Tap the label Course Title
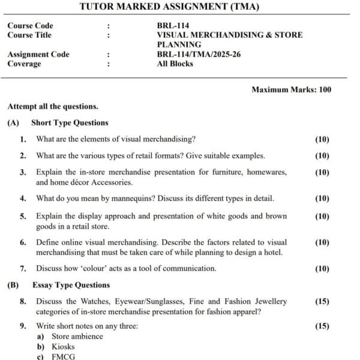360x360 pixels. coord(29,35)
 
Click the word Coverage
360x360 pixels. coord(25,64)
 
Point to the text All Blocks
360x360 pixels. coord(175,64)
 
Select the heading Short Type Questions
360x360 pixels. coord(70,123)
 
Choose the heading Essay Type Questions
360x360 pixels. coord(71,285)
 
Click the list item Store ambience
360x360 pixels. coord(77,337)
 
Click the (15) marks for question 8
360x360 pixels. coord(322,302)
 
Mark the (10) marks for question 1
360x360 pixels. coord(322,139)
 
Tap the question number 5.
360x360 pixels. coord(23,216)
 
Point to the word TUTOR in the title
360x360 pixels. coord(98,7)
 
